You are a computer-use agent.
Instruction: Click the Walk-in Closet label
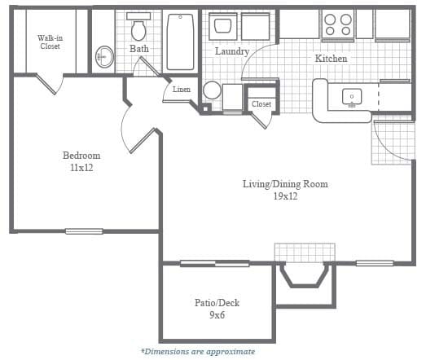(x=50, y=42)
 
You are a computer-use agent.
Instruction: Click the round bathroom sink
(x=103, y=56)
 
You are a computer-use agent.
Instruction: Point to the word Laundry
(x=231, y=51)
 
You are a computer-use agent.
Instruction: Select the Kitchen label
(x=331, y=59)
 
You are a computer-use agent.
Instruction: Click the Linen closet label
(x=181, y=89)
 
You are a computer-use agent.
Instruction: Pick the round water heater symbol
(x=212, y=90)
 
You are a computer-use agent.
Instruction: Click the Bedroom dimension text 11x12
(x=81, y=168)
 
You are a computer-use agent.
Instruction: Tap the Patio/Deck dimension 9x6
(x=217, y=315)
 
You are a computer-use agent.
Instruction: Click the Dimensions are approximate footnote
(x=198, y=352)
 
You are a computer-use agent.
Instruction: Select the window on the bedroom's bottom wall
(x=84, y=231)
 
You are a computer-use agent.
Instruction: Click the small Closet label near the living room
(x=261, y=104)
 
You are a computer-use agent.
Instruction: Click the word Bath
(x=138, y=49)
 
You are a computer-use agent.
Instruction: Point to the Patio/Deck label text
(x=217, y=303)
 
